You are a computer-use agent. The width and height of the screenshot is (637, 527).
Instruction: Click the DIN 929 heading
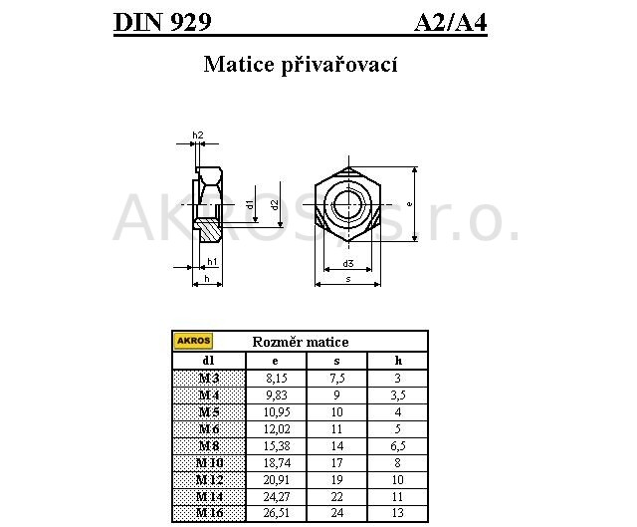162,22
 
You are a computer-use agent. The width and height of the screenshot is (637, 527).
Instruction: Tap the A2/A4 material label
451,22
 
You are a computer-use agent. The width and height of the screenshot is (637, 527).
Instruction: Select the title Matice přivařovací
301,65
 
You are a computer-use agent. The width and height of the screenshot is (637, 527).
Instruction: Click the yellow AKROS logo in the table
193,341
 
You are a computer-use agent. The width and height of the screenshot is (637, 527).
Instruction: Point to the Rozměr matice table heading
301,342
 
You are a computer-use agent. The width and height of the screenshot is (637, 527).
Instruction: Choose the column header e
276,361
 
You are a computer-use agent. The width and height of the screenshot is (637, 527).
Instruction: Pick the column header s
336,361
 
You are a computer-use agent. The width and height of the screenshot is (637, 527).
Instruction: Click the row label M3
209,379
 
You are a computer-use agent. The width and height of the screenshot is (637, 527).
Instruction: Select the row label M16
209,513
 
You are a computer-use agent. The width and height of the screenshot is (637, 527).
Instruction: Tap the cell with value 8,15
277,379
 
